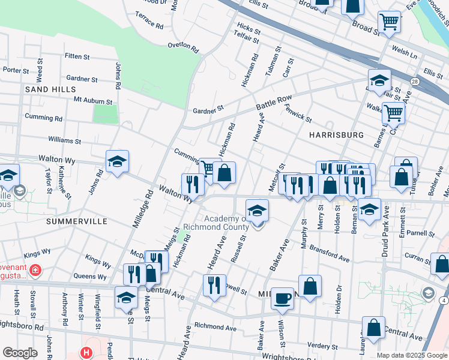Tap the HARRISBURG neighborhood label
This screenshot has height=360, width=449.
coord(336,135)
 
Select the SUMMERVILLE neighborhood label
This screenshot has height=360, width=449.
coord(76,221)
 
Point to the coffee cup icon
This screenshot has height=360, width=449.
coord(282,297)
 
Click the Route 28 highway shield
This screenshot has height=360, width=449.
coord(415,81)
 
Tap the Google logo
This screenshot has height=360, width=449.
coord(20,352)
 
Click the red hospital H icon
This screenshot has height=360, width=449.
coord(87,353)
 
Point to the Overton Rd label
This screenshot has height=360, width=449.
coord(183,46)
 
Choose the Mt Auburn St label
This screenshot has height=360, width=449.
coord(93,101)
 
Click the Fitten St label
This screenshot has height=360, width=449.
coord(77,56)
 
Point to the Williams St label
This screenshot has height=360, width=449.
coord(65,140)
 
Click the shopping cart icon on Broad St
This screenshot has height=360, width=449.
coord(390,22)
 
